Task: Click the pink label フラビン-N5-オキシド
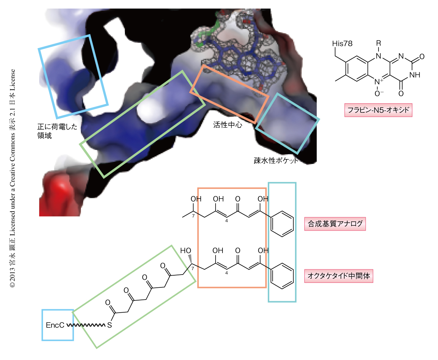pyautogui.click(x=378, y=110)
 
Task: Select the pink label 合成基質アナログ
pyautogui.click(x=335, y=224)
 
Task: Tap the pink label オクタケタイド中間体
pyautogui.click(x=339, y=276)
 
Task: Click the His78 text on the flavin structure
pyautogui.click(x=342, y=44)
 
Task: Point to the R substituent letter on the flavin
pyautogui.click(x=378, y=43)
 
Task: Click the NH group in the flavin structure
pyautogui.click(x=414, y=75)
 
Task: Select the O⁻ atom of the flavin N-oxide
pyautogui.click(x=378, y=93)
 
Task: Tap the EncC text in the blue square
pyautogui.click(x=55, y=325)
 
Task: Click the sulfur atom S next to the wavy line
pyautogui.click(x=109, y=325)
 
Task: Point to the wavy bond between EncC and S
pyautogui.click(x=86, y=325)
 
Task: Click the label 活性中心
pyautogui.click(x=227, y=125)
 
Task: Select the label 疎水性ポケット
pyautogui.click(x=276, y=160)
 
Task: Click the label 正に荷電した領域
pyautogui.click(x=57, y=131)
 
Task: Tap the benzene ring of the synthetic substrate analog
pyautogui.click(x=282, y=224)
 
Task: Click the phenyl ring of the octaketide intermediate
pyautogui.click(x=282, y=276)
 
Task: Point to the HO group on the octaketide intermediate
pyautogui.click(x=185, y=251)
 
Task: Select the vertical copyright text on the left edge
pyautogui.click(x=12, y=178)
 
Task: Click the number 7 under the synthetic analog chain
pyautogui.click(x=193, y=216)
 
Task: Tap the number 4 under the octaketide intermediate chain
pyautogui.click(x=227, y=273)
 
